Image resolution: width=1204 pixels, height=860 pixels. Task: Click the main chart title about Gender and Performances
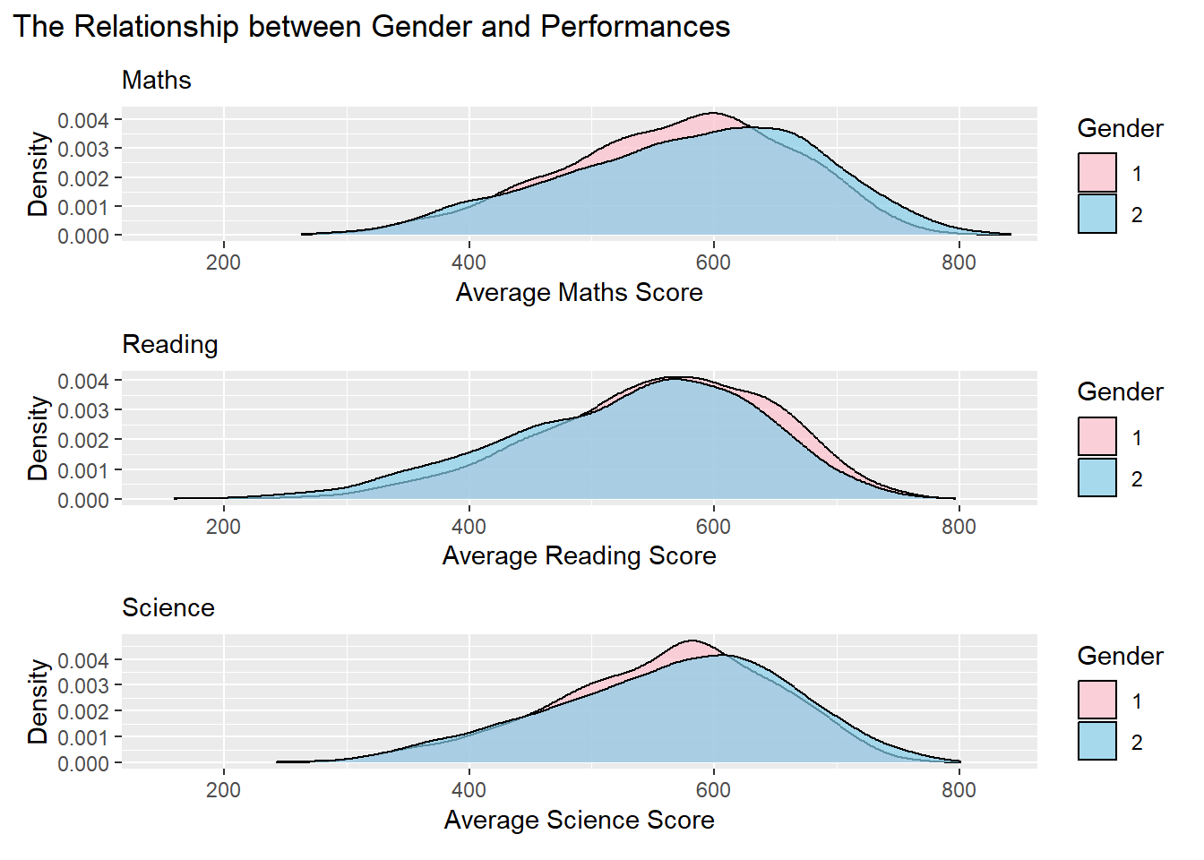pos(372,27)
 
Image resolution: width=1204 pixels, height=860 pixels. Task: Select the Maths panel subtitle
pos(157,81)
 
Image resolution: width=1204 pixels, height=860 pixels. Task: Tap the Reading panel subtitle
pos(170,345)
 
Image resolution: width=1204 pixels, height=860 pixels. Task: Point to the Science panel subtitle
pos(168,608)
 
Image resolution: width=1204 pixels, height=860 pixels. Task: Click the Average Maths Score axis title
pos(579,293)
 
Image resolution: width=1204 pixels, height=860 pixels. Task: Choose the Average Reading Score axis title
pos(579,556)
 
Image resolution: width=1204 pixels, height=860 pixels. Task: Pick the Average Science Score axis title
pos(579,821)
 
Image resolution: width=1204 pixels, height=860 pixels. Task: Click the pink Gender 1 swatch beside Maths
pos(1097,173)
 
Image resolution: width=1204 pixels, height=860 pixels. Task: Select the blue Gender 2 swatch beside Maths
pos(1097,214)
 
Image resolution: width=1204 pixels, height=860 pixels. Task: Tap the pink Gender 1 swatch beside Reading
pos(1097,437)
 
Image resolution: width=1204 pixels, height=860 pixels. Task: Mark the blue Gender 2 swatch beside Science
pos(1097,742)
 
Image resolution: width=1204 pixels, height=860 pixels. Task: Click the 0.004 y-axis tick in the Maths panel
pos(83,121)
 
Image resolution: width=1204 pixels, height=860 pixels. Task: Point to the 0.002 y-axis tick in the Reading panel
pos(83,441)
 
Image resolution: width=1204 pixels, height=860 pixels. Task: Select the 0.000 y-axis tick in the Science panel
pos(83,764)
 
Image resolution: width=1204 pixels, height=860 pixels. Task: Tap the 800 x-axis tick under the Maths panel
pos(959,262)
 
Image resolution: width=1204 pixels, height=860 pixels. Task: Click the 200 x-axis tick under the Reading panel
pos(223,527)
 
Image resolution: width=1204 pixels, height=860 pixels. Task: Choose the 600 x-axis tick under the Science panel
pos(713,790)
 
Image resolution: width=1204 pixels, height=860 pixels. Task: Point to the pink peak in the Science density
pos(692,641)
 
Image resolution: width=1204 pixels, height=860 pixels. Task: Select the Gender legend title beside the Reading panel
pos(1120,392)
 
